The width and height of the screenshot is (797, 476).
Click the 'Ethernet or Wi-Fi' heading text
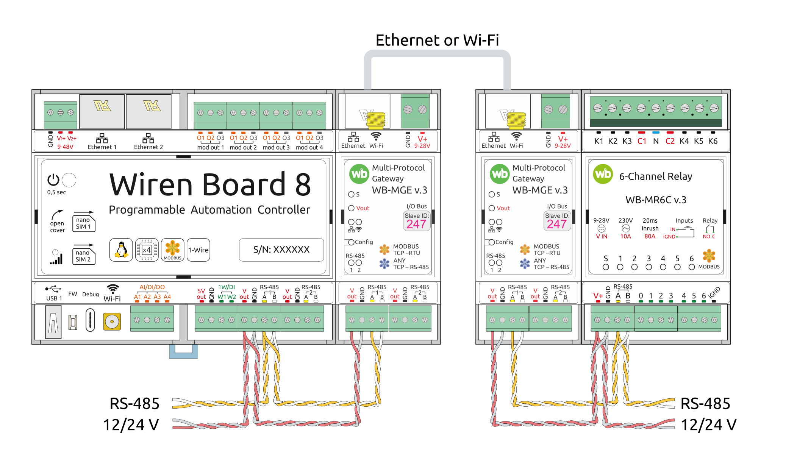[x=437, y=40]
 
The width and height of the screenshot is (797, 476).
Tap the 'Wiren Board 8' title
[x=210, y=184]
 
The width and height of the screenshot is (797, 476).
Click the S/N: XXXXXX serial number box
[x=281, y=250]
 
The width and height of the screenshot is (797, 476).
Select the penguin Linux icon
[x=121, y=250]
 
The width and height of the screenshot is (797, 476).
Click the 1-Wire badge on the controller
[x=198, y=250]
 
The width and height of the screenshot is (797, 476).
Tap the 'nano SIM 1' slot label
[x=84, y=223]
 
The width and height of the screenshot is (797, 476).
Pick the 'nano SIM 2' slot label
[x=83, y=256]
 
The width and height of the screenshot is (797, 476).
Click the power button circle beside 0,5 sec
[x=69, y=180]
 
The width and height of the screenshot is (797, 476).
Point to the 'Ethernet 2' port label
[x=148, y=147]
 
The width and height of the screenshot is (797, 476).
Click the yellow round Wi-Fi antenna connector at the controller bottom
[x=112, y=322]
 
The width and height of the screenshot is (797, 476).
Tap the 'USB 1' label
[x=54, y=298]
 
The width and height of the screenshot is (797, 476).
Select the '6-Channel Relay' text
[x=656, y=176]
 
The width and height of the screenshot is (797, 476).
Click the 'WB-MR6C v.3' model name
[x=656, y=200]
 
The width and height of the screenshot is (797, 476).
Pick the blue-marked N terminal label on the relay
[x=656, y=141]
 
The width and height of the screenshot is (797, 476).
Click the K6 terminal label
[x=713, y=141]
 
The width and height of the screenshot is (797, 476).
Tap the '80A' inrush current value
[x=650, y=236]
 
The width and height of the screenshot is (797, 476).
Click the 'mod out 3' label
[x=276, y=147]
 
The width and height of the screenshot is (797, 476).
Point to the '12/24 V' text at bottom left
[x=131, y=425]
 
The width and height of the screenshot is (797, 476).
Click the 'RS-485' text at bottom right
[x=705, y=404]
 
